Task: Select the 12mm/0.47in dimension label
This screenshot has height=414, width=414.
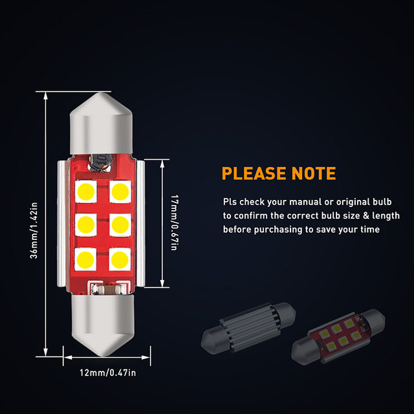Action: [107, 372]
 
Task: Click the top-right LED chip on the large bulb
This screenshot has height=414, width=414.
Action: [120, 191]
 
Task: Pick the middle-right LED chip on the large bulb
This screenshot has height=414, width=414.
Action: [120, 224]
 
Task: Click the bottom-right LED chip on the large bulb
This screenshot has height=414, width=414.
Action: [120, 258]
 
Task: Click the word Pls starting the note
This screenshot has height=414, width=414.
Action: [230, 202]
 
